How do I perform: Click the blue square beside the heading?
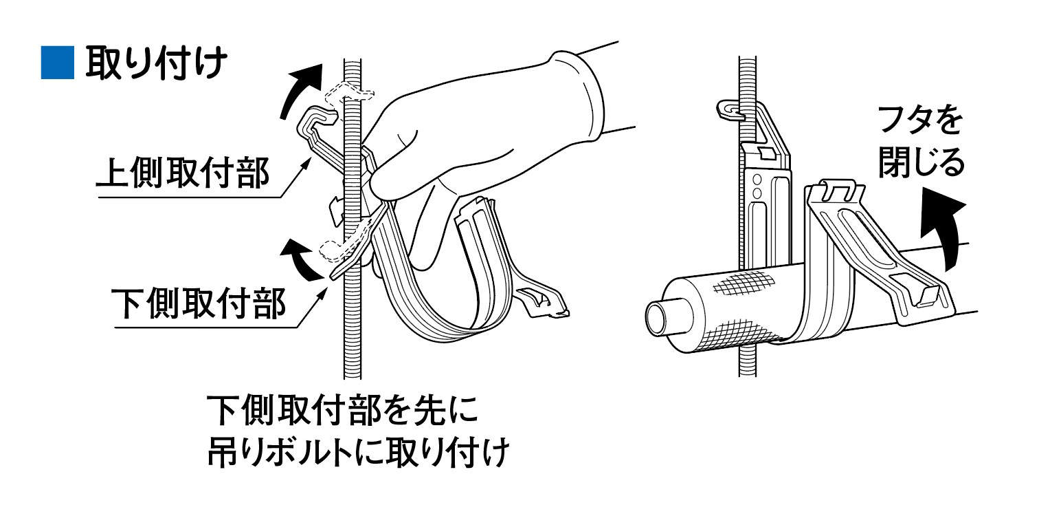pos(57,63)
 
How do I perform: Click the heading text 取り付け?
pos(157,63)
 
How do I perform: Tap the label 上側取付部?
pos(183,173)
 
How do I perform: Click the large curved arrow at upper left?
pos(300,89)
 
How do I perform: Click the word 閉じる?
pos(921,162)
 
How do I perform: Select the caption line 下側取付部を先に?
pos(343,410)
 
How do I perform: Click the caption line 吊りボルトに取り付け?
pos(358,451)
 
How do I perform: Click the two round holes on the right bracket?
pos(756,186)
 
